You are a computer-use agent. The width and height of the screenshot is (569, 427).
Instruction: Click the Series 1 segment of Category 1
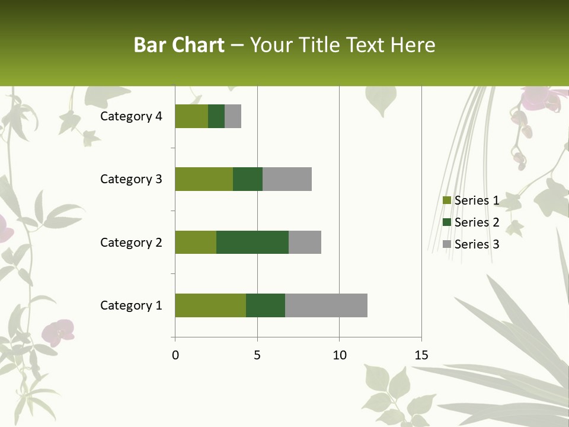click(210, 305)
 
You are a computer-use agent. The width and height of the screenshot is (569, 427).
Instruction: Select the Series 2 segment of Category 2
click(252, 242)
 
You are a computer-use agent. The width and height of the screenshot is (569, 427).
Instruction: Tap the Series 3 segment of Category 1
click(326, 305)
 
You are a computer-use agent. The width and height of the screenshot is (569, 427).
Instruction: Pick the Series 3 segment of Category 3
click(287, 179)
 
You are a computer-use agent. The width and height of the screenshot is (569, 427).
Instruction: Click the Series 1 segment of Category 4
click(191, 116)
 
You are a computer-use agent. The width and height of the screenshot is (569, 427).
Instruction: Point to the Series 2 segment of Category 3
click(248, 179)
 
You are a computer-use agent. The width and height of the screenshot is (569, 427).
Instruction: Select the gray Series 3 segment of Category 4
click(233, 116)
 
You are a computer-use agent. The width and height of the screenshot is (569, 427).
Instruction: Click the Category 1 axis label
click(131, 305)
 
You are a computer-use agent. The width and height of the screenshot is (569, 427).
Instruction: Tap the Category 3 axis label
click(131, 179)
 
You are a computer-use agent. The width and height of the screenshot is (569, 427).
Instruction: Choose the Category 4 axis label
click(131, 116)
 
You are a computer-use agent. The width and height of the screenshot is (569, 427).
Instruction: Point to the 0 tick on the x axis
click(175, 355)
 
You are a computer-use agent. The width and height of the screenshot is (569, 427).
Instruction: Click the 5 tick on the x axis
click(257, 355)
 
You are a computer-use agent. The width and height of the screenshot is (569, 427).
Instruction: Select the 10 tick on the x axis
click(339, 355)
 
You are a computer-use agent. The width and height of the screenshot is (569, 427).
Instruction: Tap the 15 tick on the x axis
click(421, 355)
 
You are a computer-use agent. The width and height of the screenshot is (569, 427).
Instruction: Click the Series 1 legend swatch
click(447, 200)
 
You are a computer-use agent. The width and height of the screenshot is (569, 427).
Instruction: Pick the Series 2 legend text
click(477, 222)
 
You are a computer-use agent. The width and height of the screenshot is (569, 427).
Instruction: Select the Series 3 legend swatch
click(447, 244)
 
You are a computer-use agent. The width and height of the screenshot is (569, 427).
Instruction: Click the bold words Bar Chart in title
click(179, 45)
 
